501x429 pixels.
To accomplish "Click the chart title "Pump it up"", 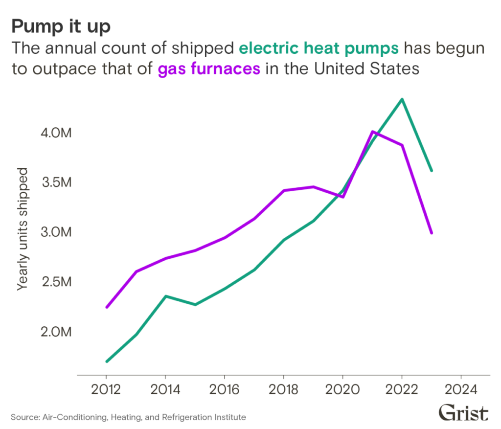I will point(62,25).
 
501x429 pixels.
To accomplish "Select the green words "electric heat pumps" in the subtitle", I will point(320,50).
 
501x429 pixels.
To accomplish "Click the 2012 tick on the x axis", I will point(107,389).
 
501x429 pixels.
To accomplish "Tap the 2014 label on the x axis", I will point(164,389).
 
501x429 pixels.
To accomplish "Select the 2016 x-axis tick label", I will point(224,389).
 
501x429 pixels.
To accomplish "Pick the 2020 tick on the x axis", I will point(342,389).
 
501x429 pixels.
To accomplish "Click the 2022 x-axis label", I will point(402,389).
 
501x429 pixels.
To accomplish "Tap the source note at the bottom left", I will point(127,419).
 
